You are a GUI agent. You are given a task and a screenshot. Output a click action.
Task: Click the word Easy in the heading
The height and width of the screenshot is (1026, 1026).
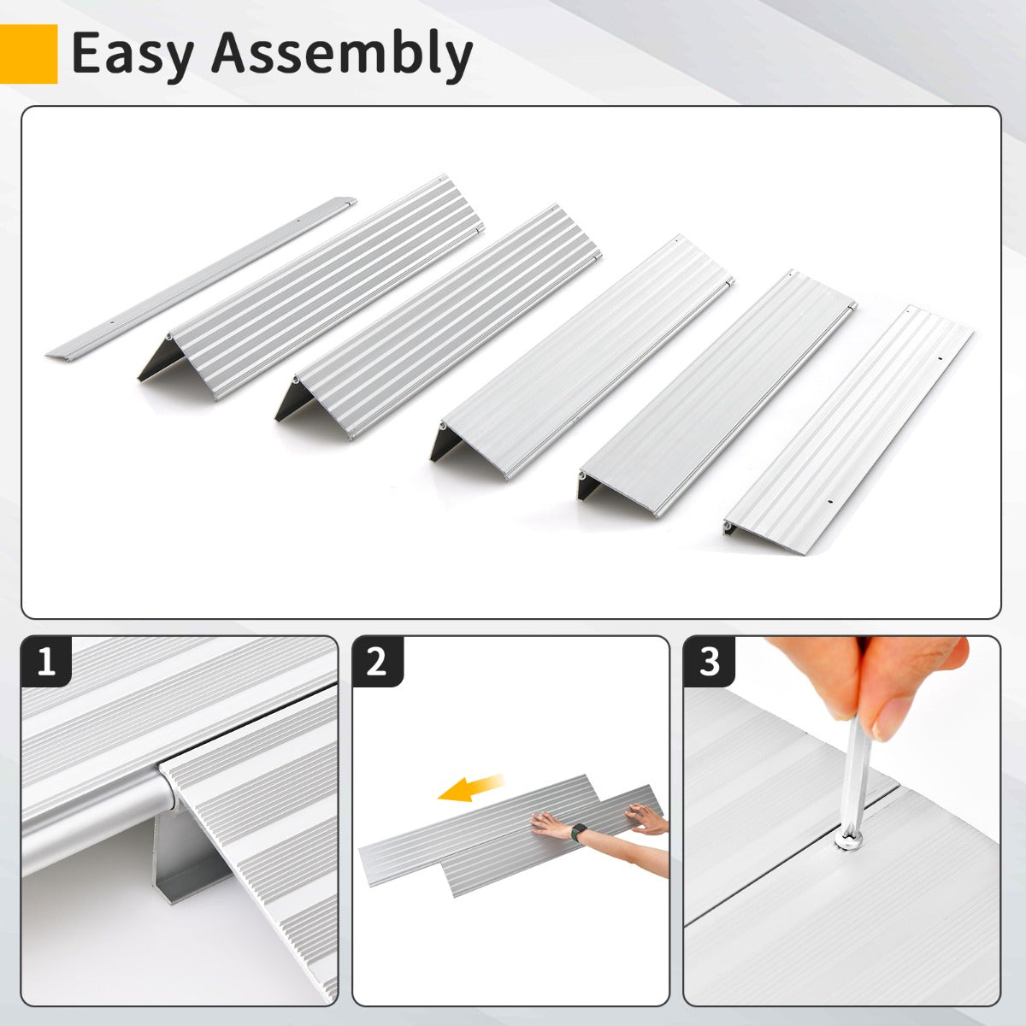pyautogui.click(x=133, y=53)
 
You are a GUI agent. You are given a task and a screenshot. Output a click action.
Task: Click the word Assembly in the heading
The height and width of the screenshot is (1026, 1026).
pyautogui.click(x=342, y=53)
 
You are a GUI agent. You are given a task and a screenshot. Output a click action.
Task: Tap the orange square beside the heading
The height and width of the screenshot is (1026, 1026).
pyautogui.click(x=28, y=54)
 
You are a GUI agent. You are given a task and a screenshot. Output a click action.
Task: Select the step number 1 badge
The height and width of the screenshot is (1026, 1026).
pyautogui.click(x=47, y=662)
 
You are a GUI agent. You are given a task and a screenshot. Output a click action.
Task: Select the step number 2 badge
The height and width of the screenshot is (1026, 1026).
pyautogui.click(x=378, y=662)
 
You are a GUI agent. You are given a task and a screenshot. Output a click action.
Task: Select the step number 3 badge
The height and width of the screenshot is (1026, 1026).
pyautogui.click(x=709, y=662)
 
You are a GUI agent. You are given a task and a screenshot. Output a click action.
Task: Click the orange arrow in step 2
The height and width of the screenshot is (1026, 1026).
pyautogui.click(x=470, y=788)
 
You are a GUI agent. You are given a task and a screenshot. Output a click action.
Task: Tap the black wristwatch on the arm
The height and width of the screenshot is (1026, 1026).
pyautogui.click(x=579, y=831)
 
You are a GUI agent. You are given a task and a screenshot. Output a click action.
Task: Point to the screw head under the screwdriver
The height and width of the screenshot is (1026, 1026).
pyautogui.click(x=848, y=841)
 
